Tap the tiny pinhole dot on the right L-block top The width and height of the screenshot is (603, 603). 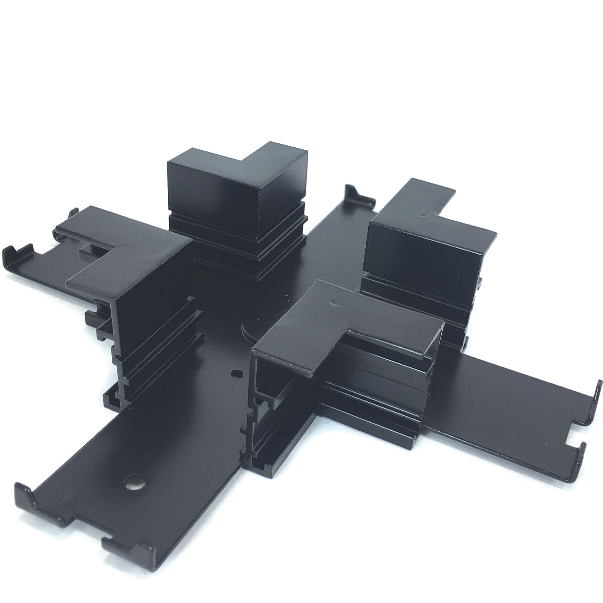[422, 215]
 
